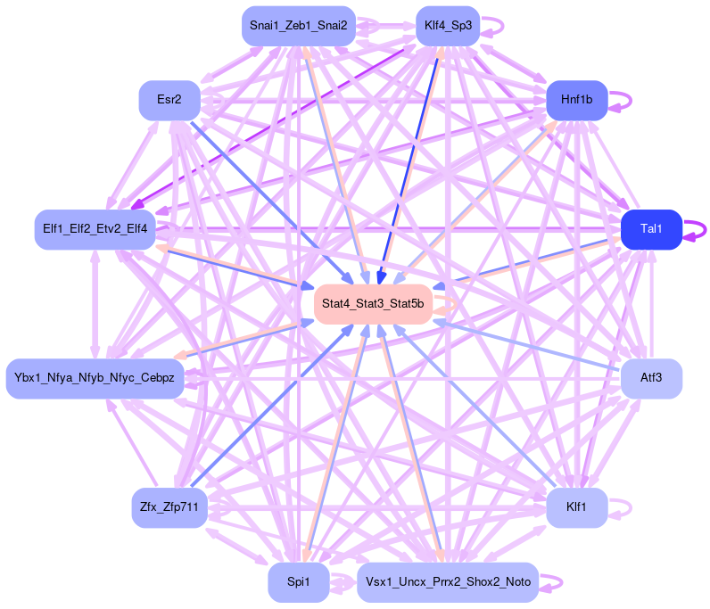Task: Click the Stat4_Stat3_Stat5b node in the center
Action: point(373,305)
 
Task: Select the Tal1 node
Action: point(651,229)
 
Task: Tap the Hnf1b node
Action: point(576,100)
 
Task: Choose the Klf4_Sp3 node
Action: point(448,26)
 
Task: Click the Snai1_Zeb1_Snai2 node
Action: point(299,26)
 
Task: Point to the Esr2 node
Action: point(169,100)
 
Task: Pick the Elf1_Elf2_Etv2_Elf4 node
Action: point(95,229)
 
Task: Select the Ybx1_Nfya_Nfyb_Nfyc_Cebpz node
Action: point(95,379)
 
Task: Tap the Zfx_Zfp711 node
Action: point(169,508)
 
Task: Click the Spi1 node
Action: point(298,582)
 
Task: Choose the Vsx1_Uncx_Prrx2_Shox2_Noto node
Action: point(448,582)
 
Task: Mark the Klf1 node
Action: point(576,508)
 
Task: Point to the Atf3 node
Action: point(651,379)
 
